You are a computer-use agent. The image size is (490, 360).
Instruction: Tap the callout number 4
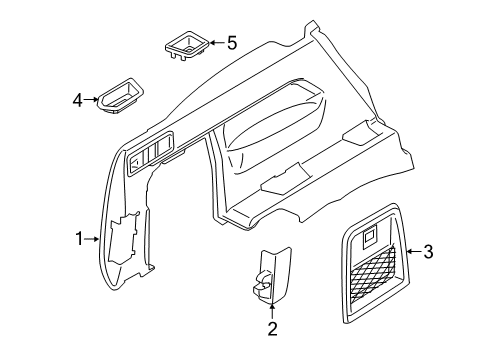point(77,99)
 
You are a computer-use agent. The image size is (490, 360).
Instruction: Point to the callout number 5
point(232,43)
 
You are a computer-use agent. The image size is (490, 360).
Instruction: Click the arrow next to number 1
point(95,239)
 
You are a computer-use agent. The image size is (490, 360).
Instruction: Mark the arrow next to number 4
point(93,99)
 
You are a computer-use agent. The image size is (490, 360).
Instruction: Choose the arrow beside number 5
point(214,43)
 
